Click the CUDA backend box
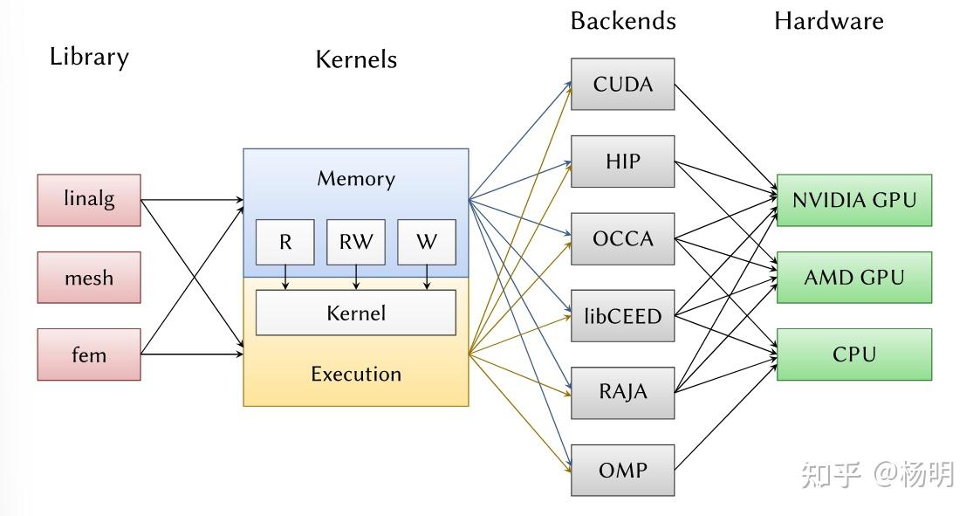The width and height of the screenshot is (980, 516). tap(622, 84)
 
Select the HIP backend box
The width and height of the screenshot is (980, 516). tap(622, 162)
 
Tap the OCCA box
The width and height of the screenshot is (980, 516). tap(622, 238)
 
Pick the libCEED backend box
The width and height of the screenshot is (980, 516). tap(622, 315)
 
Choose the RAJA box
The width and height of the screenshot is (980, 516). tap(622, 392)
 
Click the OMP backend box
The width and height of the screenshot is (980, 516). tap(622, 470)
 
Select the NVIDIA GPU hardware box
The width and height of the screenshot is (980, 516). tap(853, 200)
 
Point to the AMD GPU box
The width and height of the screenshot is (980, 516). tap(853, 278)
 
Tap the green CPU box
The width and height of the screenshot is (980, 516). tap(853, 354)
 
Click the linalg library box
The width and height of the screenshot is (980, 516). tap(88, 200)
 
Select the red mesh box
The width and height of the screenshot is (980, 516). tap(88, 278)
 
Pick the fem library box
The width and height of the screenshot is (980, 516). tap(88, 354)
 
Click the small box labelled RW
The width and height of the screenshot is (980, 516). tap(355, 242)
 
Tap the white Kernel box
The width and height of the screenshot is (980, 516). tap(355, 313)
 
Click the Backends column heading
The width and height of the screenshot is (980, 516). tap(622, 21)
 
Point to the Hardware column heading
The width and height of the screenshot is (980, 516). tap(828, 21)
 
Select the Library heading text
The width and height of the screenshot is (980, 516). tap(89, 58)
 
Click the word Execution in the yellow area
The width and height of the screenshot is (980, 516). tap(355, 374)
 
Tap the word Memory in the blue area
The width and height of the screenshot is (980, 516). tap(355, 179)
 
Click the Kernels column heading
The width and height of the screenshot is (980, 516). tap(355, 59)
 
